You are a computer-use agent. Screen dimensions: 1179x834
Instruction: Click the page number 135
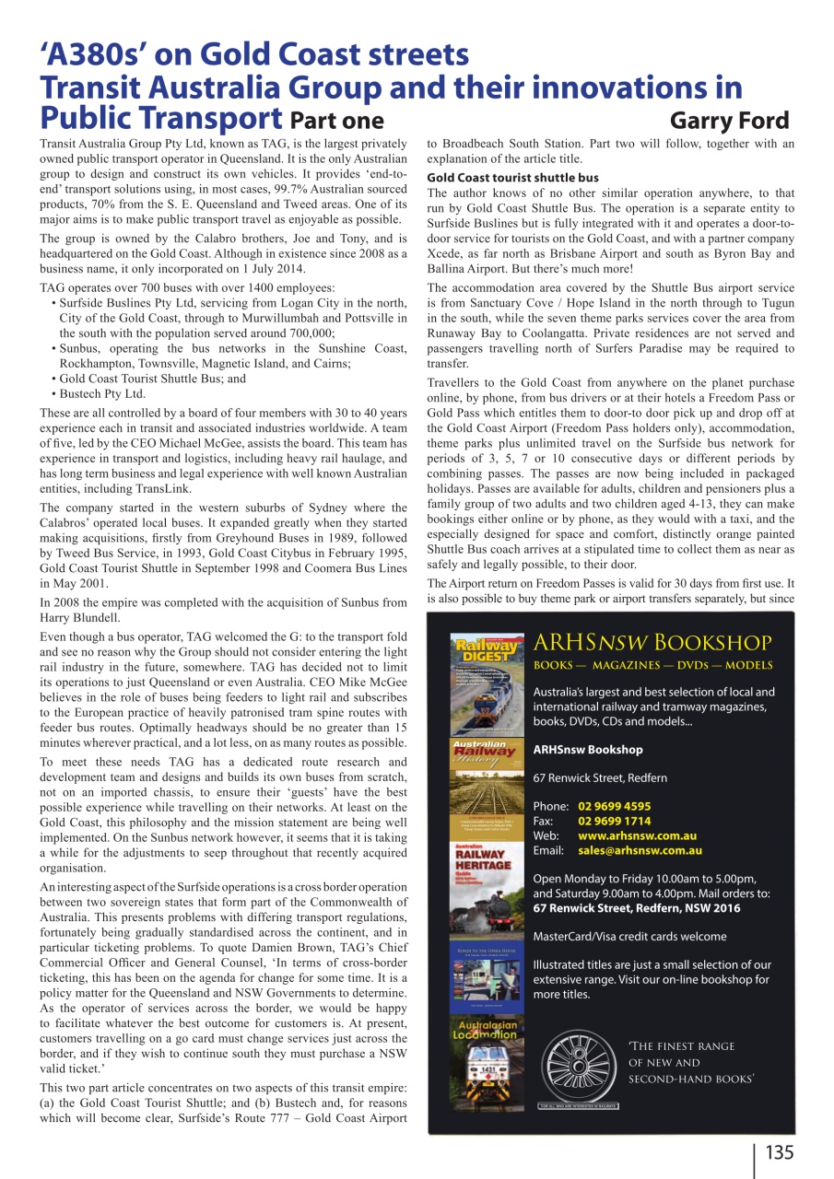click(779, 1152)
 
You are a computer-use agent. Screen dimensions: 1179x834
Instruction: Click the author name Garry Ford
click(729, 121)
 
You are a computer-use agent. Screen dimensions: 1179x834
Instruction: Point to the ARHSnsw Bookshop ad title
click(652, 642)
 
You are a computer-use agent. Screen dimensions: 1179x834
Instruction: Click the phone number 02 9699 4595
click(614, 806)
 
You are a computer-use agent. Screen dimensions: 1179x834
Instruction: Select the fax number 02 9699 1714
click(614, 821)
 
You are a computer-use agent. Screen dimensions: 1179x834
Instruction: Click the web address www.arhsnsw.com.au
click(637, 835)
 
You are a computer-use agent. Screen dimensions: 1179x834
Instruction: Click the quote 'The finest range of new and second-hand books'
click(691, 1062)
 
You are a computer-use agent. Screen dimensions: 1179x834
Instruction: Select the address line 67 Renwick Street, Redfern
click(600, 777)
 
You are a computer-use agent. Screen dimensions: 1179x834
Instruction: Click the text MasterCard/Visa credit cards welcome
click(629, 936)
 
